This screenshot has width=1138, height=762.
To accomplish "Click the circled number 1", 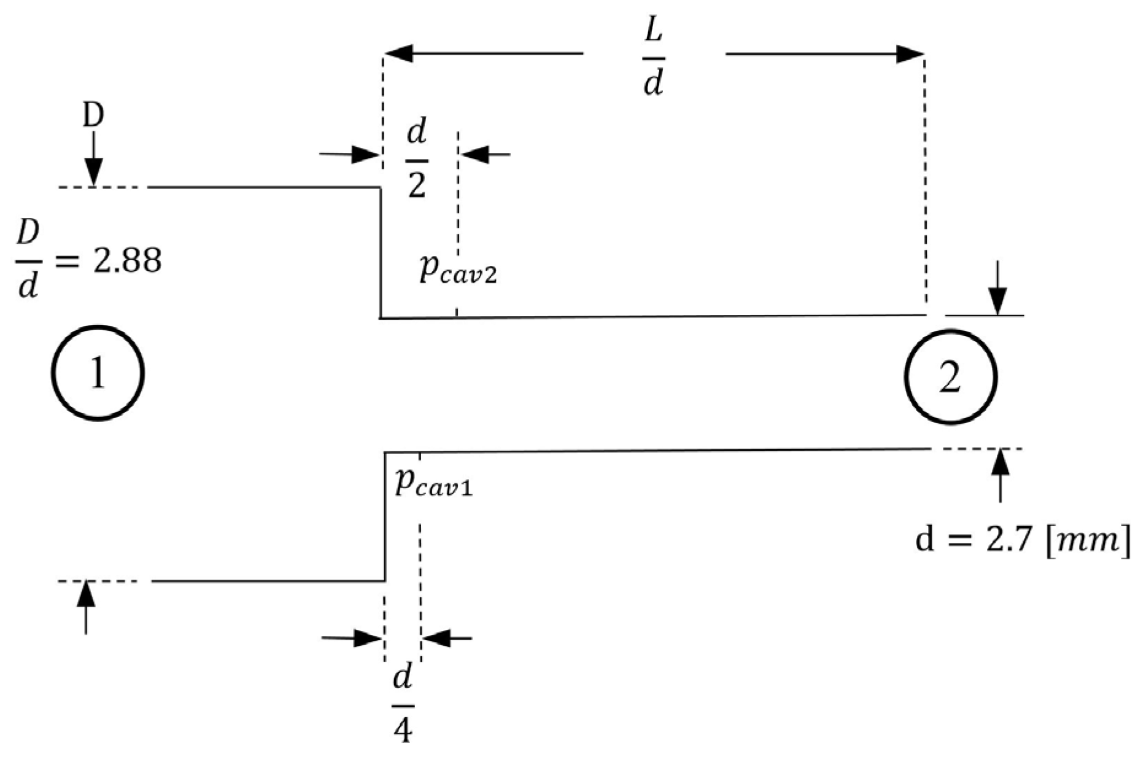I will [98, 373].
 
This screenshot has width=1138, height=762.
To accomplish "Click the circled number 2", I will [950, 377].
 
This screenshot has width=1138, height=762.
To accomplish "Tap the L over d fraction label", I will [654, 61].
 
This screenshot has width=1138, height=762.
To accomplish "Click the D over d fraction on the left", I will [28, 260].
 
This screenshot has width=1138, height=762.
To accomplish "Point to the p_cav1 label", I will [433, 483].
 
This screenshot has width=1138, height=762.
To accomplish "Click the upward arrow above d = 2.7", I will [1001, 475].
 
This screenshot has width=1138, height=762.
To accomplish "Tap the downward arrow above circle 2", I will [998, 289].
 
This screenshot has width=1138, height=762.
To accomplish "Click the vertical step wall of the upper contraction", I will [381, 252].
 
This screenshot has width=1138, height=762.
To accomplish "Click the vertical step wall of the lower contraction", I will [385, 516].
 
